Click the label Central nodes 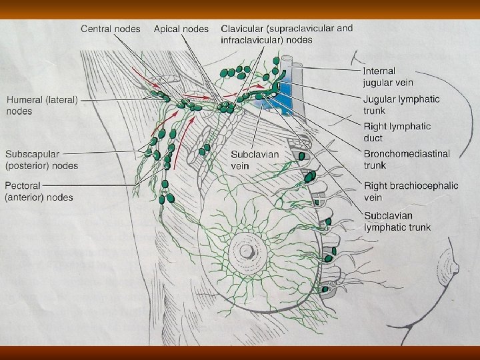pos(111,29)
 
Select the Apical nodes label pos(181,29)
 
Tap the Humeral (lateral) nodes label pos(43,105)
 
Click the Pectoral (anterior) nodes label pos(39,191)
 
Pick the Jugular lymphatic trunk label pos(401,105)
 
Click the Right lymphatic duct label pos(397,132)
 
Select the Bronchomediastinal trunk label pos(406,159)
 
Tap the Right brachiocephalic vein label pos(411,191)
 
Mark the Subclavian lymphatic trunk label pos(397,221)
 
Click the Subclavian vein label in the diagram pos(255,159)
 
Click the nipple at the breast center pos(246,251)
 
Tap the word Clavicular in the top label pos(244,29)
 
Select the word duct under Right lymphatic pos(373,138)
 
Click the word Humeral pos(25,100)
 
